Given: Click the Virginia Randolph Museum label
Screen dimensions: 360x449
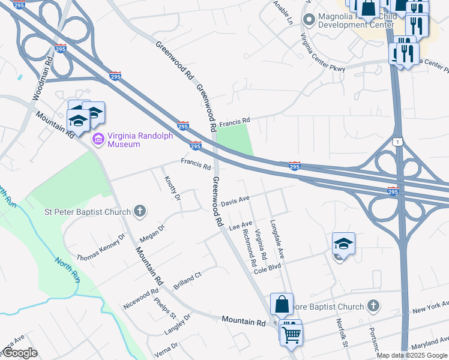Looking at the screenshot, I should click(x=139, y=140).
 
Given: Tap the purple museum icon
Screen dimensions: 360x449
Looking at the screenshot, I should click(x=98, y=140).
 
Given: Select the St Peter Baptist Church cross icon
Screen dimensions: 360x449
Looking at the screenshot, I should click(x=139, y=211).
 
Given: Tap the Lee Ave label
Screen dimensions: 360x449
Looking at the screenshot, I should click(x=240, y=224).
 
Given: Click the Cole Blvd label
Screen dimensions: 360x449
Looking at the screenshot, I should click(x=267, y=269).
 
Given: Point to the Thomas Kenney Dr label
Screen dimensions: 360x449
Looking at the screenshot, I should click(x=100, y=247).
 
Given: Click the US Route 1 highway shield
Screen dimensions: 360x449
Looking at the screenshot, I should click(x=397, y=141).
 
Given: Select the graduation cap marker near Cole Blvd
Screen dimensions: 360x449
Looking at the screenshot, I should click(x=343, y=244).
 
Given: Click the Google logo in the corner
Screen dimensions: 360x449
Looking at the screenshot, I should click(x=20, y=353).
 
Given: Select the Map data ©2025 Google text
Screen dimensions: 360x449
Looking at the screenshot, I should click(x=412, y=355).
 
